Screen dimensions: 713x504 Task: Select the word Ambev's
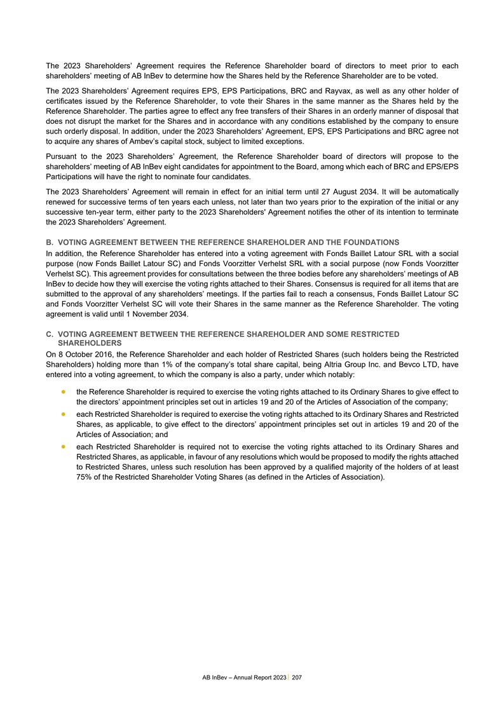click(148, 141)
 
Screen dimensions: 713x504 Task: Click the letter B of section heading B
click(50, 242)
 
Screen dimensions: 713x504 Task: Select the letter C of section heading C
click(50, 334)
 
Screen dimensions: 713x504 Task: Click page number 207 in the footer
click(296, 679)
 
